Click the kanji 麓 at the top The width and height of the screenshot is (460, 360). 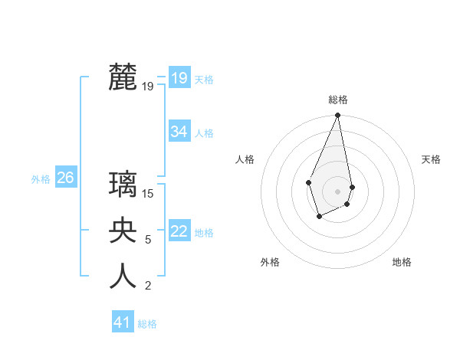click(123, 77)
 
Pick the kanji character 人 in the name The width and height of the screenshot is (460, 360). click(123, 277)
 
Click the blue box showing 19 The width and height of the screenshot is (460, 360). click(179, 77)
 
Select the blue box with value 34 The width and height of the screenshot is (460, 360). click(179, 132)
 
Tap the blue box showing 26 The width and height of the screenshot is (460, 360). click(65, 178)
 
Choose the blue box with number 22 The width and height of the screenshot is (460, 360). click(179, 231)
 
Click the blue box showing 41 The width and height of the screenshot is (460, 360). click(122, 322)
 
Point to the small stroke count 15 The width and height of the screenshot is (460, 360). click(148, 194)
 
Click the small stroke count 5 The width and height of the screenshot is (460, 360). click(148, 240)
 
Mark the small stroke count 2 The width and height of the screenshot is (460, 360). click(148, 286)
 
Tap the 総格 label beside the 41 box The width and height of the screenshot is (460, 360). click(147, 324)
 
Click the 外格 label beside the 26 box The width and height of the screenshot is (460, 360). click(41, 179)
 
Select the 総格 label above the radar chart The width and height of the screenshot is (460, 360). click(338, 100)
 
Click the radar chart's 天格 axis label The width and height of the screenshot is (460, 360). click(432, 159)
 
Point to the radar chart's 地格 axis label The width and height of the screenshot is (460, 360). click(402, 262)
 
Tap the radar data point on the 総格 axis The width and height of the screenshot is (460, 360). click(337, 116)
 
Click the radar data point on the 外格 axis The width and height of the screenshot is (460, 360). click(319, 217)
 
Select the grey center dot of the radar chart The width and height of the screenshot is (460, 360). click(337, 191)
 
